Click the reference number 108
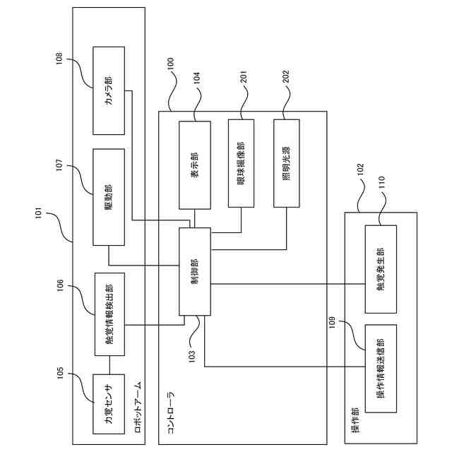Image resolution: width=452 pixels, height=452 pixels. [59, 59]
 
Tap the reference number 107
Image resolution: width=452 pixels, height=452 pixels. [59, 165]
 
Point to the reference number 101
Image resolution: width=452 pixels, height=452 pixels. [39, 213]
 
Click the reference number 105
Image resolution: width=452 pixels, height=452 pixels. [60, 374]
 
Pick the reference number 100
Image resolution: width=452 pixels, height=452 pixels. [171, 64]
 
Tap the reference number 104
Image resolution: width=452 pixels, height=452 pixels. [197, 78]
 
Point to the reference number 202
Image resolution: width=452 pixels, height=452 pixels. [286, 77]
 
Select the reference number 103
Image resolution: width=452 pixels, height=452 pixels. [192, 356]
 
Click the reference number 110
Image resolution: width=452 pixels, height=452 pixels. [381, 182]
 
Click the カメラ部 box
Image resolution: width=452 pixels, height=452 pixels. [109, 90]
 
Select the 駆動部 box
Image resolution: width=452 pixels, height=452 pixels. [109, 197]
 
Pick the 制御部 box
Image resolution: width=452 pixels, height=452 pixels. [195, 271]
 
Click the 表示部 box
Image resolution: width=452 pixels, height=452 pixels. [195, 165]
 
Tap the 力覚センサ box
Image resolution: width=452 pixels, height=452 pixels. [109, 404]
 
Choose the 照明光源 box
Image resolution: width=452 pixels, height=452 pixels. [287, 163]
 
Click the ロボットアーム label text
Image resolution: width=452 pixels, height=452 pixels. [138, 408]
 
